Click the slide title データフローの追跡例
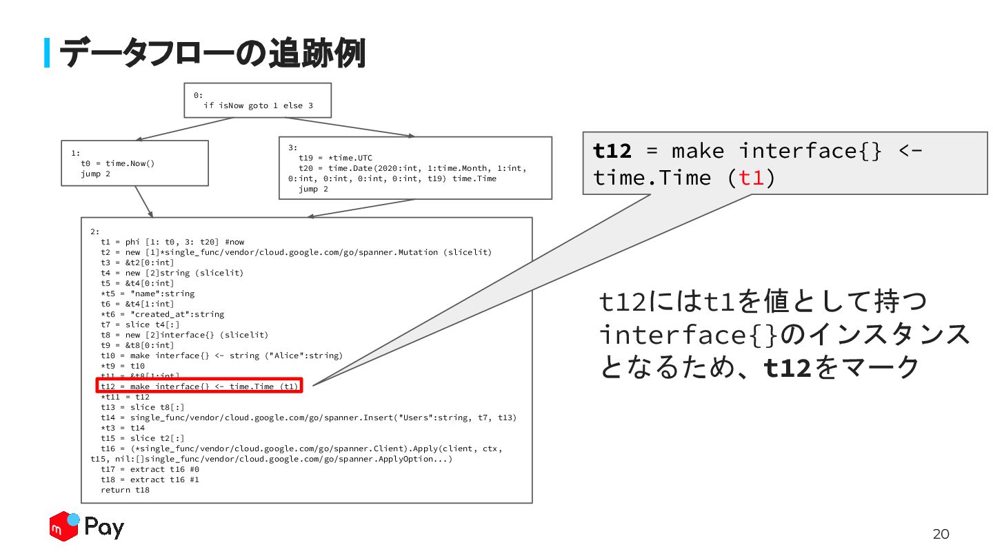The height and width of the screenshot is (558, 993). [211, 53]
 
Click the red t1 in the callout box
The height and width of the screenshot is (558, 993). [751, 178]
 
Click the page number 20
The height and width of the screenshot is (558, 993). [941, 534]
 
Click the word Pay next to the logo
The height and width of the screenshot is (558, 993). [104, 528]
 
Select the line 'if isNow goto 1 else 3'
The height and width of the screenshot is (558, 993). [258, 105]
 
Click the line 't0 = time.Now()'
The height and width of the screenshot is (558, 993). [118, 163]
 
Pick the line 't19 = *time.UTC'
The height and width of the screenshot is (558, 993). [335, 158]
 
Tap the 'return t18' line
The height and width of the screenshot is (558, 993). [125, 490]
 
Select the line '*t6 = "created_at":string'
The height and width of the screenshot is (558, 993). [162, 314]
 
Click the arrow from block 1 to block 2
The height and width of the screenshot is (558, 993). [143, 201]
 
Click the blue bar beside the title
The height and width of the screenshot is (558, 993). [47, 53]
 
